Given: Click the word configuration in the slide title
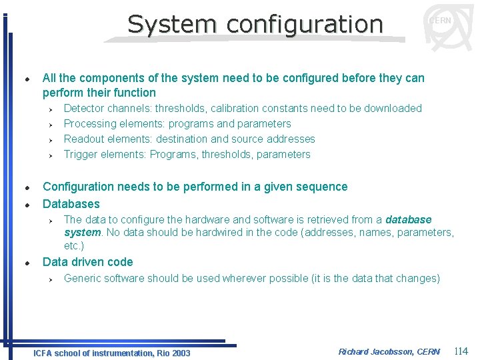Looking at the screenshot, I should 304,24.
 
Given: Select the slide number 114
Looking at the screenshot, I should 461,351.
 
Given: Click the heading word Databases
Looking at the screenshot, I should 71,204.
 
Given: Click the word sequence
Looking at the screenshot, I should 324,187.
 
